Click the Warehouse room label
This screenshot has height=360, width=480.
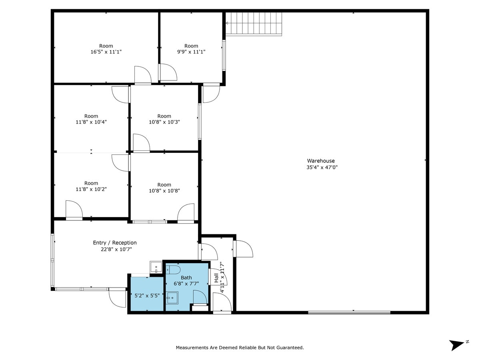(321, 161)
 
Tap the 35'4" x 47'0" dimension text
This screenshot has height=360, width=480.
(322, 168)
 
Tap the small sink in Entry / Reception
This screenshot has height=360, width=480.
(156, 267)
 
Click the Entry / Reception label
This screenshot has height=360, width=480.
(115, 243)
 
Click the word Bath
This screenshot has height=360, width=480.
(186, 278)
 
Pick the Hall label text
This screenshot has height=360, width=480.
(216, 278)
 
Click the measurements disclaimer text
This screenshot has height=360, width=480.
(240, 348)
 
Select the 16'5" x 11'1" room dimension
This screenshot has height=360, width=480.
(106, 52)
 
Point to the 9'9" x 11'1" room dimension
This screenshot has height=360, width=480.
(191, 52)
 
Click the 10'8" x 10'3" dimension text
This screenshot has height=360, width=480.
(164, 122)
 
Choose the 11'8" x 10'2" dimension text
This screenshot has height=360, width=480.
(91, 189)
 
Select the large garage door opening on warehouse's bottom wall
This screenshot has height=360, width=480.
(349, 312)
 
